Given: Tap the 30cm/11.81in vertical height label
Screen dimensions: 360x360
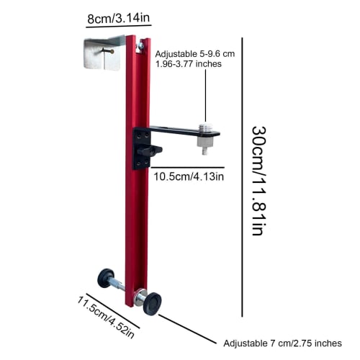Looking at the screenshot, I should [258, 180].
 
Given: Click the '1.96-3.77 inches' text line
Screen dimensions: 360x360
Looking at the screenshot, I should [188, 64].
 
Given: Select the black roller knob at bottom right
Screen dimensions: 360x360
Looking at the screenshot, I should [153, 302].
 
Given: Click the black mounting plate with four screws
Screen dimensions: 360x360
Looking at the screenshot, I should [140, 146].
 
